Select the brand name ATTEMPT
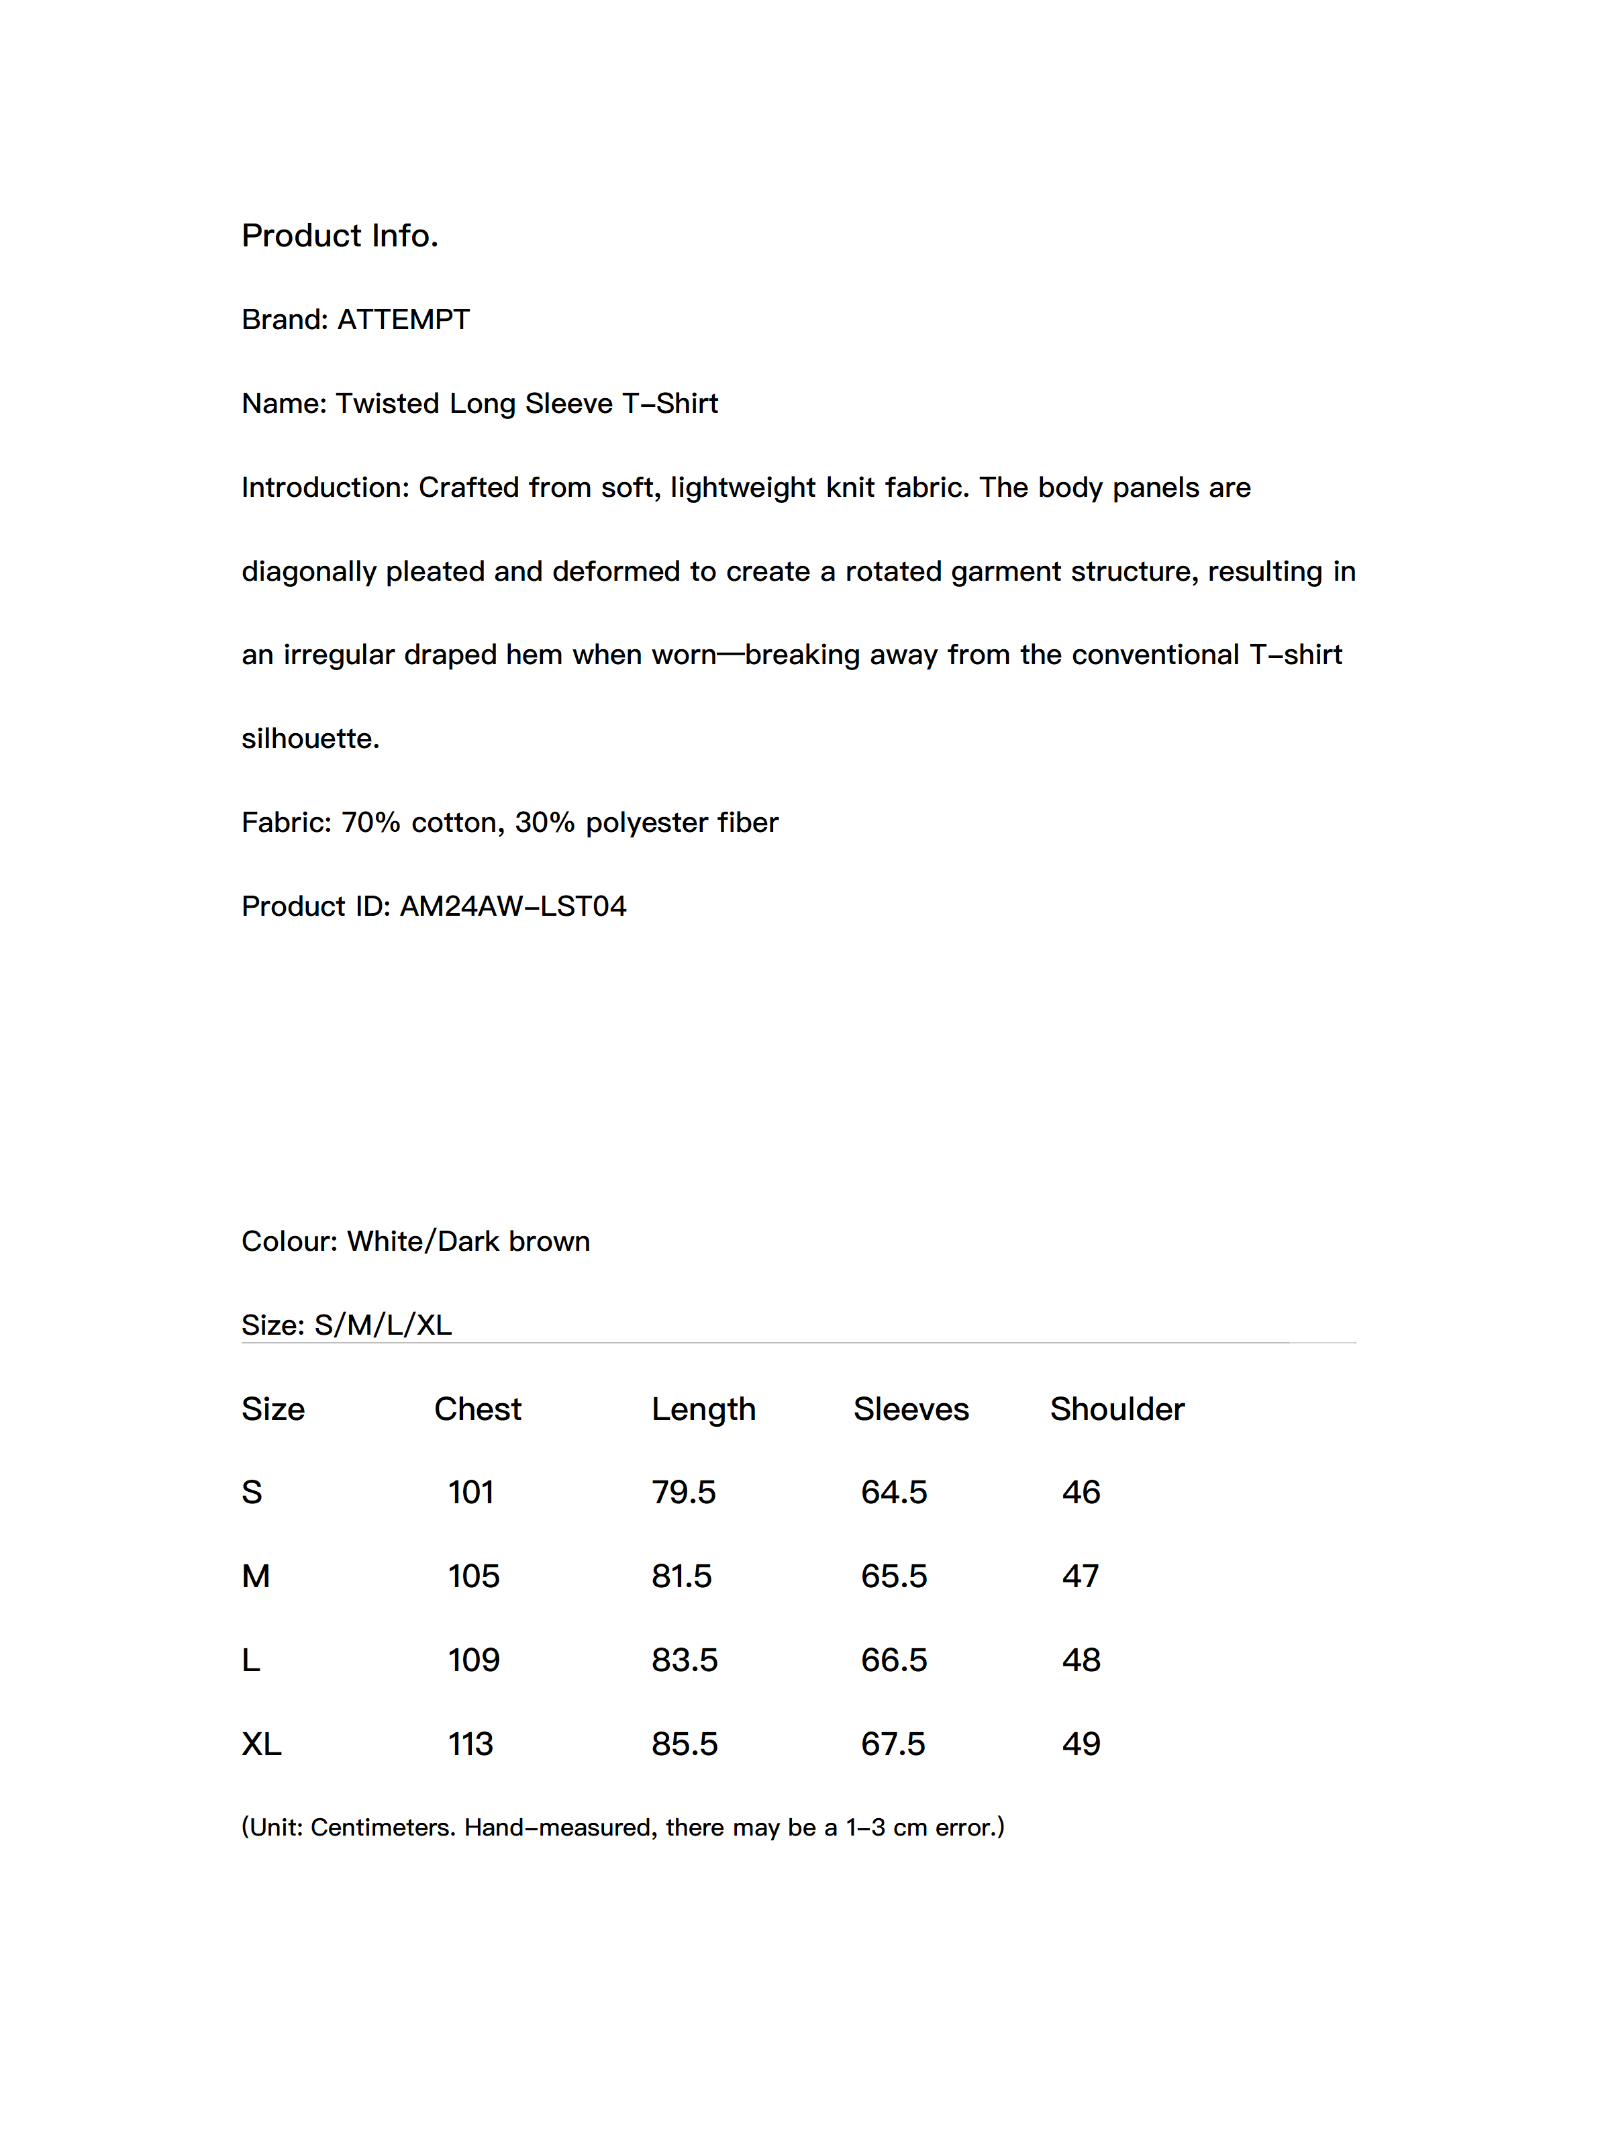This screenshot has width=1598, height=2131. click(403, 320)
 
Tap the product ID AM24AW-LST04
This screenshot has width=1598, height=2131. click(513, 906)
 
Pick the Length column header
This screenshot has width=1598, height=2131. click(703, 1409)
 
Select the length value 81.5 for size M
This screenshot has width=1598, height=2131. click(681, 1576)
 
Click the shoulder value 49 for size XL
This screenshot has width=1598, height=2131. click(1081, 1744)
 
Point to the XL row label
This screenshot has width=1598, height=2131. click(261, 1744)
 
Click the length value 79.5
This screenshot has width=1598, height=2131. click(683, 1493)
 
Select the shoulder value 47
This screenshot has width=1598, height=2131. click(1080, 1576)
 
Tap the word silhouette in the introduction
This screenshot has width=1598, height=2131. click(309, 739)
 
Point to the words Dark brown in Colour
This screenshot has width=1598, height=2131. click(513, 1242)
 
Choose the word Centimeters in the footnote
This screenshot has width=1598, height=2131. click(383, 1828)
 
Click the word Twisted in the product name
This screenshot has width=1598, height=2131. click(387, 404)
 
